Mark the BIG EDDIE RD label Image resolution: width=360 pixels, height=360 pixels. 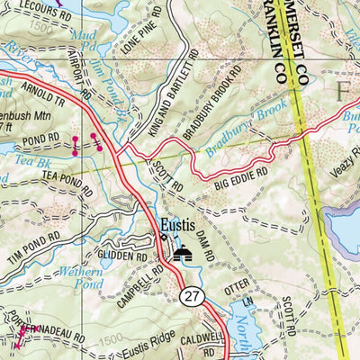click(x=241, y=180)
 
